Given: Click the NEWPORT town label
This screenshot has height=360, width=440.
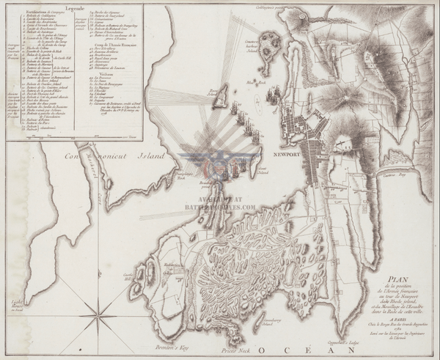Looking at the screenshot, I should [x=282, y=155].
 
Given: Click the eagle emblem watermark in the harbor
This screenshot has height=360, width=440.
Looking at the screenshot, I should [x=220, y=163].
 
